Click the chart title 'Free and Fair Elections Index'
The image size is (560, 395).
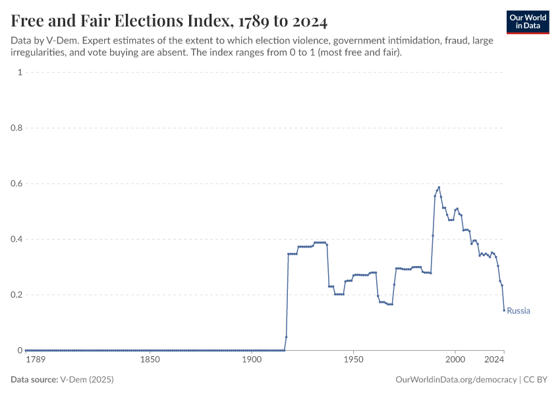tap(169, 21)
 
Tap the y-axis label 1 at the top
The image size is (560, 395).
tap(20, 72)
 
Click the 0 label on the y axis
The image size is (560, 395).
tap(20, 350)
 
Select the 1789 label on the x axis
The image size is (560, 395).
tap(36, 360)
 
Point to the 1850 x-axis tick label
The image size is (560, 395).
tap(150, 360)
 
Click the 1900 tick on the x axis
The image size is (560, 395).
tap(252, 360)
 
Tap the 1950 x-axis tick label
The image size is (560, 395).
tap(353, 360)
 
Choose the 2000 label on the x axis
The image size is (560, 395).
tap(455, 360)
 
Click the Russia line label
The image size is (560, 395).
tap(518, 311)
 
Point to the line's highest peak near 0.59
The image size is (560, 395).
tap(439, 187)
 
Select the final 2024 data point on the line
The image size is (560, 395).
tap(504, 310)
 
